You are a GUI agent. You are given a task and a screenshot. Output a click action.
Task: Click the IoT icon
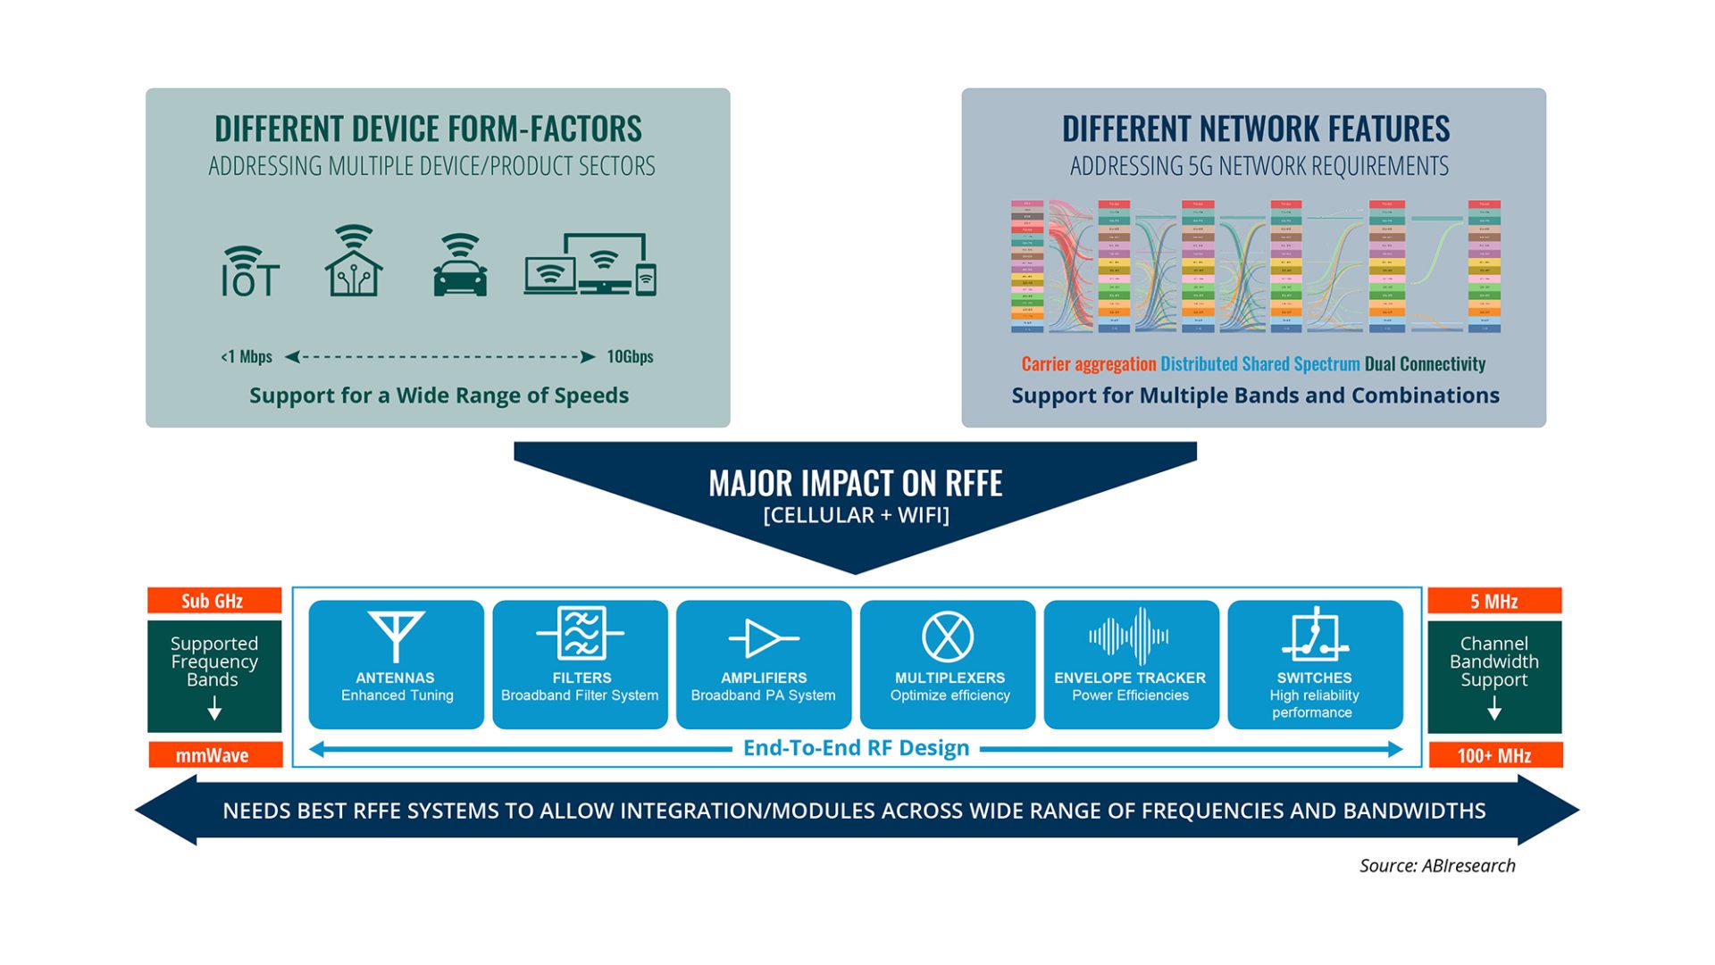[250, 272]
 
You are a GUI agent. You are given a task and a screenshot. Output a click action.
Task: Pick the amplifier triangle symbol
[764, 638]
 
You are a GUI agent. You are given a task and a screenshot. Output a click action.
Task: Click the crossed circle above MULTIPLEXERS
[948, 636]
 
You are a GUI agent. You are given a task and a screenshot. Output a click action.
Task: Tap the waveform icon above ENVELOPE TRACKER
[1129, 636]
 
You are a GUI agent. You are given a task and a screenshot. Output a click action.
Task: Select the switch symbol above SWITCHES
[1314, 635]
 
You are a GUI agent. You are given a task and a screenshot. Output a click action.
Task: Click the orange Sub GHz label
[213, 601]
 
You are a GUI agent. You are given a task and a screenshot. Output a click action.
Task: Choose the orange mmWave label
[213, 755]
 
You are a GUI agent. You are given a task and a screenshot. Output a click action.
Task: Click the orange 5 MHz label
[1494, 601]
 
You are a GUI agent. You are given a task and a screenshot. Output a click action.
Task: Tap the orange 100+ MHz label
[1494, 755]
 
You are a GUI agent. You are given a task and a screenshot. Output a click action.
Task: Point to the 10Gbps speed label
[630, 357]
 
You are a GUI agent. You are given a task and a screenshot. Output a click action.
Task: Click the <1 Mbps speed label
[247, 357]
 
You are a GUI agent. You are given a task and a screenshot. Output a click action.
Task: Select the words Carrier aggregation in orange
[1089, 364]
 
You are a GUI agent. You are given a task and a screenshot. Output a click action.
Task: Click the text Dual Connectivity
[1425, 364]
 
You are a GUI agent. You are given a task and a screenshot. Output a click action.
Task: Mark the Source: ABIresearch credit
[1437, 865]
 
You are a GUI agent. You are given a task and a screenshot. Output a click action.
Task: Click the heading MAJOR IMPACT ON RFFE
[856, 484]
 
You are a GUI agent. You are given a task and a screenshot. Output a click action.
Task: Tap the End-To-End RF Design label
[856, 748]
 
